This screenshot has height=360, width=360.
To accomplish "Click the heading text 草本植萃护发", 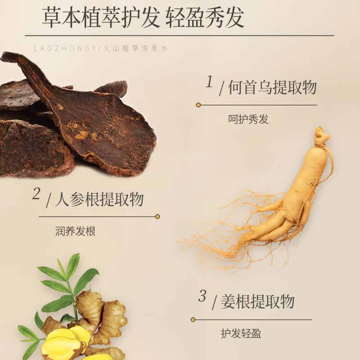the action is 101,18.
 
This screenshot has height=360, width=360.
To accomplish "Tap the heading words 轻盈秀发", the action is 205,18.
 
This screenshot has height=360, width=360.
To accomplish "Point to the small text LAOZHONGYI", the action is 67,49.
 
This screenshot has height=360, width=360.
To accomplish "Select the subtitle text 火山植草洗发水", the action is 135,49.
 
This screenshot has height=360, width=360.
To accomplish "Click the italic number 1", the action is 209,82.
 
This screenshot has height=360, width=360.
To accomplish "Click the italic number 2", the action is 36,193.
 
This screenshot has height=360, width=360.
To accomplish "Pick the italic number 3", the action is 202,296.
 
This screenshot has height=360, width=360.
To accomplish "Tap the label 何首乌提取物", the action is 272,87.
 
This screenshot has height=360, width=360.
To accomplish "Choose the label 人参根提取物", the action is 99,199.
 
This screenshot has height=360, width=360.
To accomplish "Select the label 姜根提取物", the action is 257,301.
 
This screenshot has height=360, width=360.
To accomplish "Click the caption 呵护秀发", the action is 248,119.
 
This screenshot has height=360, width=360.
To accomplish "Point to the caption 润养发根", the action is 75,231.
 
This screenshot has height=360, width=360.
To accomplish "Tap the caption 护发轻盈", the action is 241,333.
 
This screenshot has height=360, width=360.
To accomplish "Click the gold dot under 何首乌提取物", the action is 198,105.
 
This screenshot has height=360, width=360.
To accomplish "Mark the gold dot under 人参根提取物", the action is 157,216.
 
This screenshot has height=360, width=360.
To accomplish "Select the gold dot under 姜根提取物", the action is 193,319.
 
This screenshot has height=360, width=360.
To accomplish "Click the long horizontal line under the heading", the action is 179,36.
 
